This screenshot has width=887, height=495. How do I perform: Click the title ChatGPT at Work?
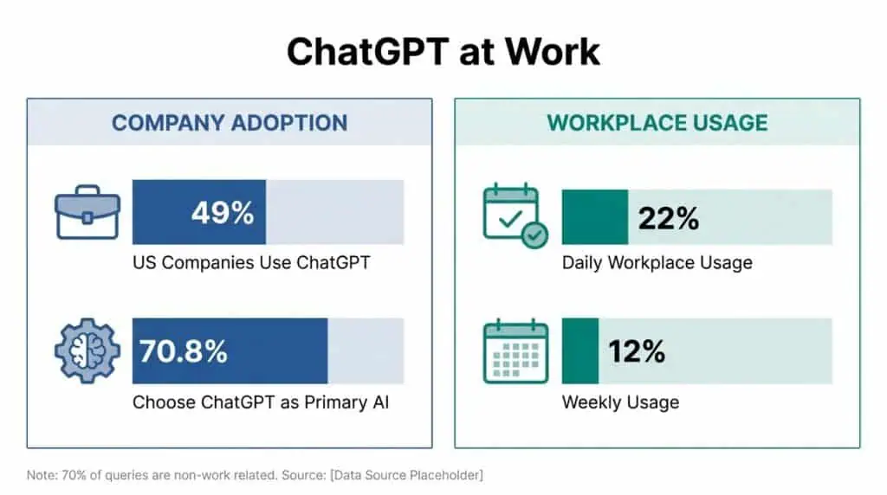(443, 51)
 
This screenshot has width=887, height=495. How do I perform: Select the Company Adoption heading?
(230, 122)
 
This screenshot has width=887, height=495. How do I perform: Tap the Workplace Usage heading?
(657, 122)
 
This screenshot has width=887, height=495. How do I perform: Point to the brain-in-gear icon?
(87, 350)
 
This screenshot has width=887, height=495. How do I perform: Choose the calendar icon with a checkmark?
(515, 215)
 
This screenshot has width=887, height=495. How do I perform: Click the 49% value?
(223, 213)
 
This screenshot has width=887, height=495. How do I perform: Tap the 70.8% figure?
(184, 351)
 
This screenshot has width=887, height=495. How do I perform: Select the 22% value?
(668, 219)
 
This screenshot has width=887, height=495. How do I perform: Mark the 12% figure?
(636, 351)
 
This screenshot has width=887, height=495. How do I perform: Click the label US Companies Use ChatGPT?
(251, 262)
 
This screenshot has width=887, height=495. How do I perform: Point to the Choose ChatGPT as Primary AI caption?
(266, 402)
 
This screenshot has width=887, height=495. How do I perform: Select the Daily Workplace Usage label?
(657, 262)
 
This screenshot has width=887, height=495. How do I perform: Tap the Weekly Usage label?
(620, 402)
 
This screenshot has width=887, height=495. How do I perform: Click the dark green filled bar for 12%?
(579, 351)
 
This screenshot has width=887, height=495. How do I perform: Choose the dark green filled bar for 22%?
(594, 218)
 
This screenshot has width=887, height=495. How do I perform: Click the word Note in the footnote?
(39, 475)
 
